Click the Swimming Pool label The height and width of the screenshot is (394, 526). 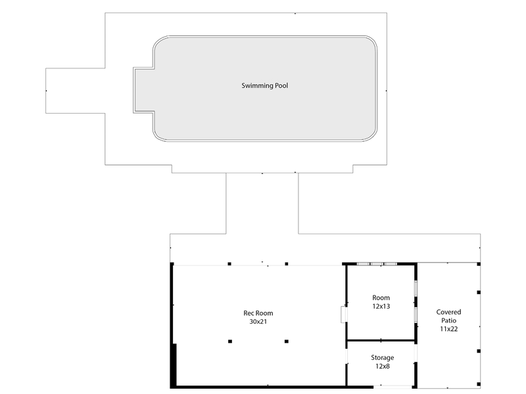coord(265,86)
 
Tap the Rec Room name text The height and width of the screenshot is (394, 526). coord(258,313)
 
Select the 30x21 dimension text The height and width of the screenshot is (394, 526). coord(258,322)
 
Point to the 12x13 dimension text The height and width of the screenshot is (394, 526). coord(381,306)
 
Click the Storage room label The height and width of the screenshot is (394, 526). coord(383,358)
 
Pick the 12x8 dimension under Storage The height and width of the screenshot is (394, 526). coord(383,366)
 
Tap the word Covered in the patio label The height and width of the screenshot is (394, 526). coord(448,312)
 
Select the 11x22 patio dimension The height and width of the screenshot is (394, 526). coord(449,329)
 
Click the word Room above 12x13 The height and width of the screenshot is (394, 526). coord(381,297)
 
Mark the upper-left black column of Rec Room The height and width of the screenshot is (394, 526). coord(229,264)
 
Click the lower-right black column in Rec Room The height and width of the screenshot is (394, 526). coord(287,341)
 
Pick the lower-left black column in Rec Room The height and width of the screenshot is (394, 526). coord(229,341)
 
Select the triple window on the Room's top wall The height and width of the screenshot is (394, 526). coord(377,264)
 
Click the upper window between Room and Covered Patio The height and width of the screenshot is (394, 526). coord(416,288)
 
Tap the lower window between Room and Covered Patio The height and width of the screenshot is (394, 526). coord(416,315)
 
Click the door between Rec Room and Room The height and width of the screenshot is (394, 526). coord(344,315)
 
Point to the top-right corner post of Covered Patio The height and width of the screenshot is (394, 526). coord(479,264)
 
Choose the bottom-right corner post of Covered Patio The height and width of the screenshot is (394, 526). coord(479,384)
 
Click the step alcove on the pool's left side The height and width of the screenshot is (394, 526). coord(143,90)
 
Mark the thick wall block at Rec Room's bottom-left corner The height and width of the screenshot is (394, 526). coord(174,366)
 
